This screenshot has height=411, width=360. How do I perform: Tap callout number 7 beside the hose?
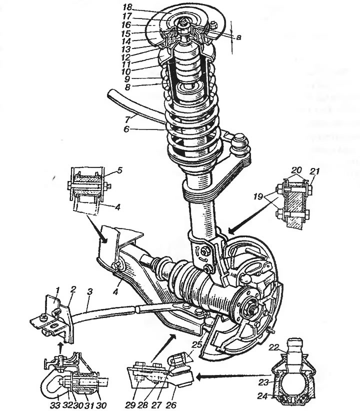click(127, 119)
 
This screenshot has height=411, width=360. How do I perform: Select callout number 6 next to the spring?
click(126, 129)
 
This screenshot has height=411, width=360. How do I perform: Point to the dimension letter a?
click(238, 37)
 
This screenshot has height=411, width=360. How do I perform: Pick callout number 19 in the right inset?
click(258, 196)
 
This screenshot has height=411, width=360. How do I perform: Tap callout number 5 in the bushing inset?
click(119, 171)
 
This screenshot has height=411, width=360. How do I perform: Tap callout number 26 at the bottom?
click(171, 405)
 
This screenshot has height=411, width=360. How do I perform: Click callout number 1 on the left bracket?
click(57, 290)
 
